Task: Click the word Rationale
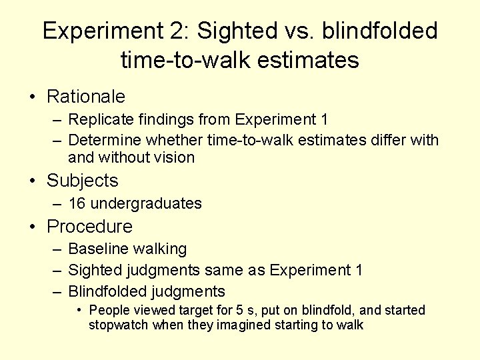[x=85, y=97]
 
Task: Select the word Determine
[x=105, y=140]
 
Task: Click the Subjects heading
[x=82, y=181]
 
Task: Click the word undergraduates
[x=146, y=203]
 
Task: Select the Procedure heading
[x=89, y=227]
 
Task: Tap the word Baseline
[x=98, y=249]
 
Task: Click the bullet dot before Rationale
[x=32, y=97]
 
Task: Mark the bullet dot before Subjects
[x=32, y=181]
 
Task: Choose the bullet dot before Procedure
[x=32, y=227]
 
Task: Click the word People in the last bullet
[x=109, y=310]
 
